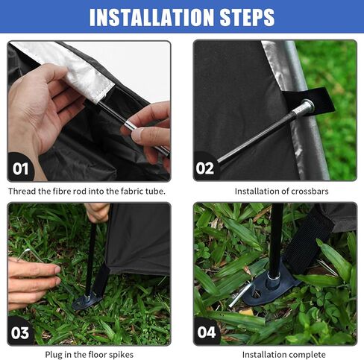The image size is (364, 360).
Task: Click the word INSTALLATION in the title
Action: pyautogui.click(x=151, y=17)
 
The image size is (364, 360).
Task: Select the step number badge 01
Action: pyautogui.click(x=20, y=168)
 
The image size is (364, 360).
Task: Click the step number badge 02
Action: pyautogui.click(x=205, y=168)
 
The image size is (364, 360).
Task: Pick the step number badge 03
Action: pyautogui.click(x=20, y=332)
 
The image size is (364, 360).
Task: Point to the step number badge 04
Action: pyautogui.click(x=207, y=332)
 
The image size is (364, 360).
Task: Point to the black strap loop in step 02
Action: pyautogui.click(x=316, y=99)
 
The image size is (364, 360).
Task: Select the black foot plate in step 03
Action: pyautogui.click(x=87, y=300)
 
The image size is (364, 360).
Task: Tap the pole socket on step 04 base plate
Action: pyautogui.click(x=274, y=280)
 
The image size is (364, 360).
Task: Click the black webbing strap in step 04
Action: pyautogui.click(x=307, y=239)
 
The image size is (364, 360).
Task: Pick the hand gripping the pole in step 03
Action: pyautogui.click(x=98, y=212)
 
